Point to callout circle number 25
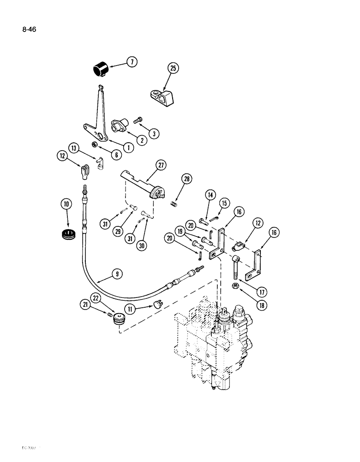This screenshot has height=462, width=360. tap(173, 68)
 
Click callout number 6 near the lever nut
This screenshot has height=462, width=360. tap(115, 155)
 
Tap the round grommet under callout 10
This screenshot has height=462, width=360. tap(68, 234)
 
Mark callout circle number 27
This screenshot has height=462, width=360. tap(161, 165)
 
